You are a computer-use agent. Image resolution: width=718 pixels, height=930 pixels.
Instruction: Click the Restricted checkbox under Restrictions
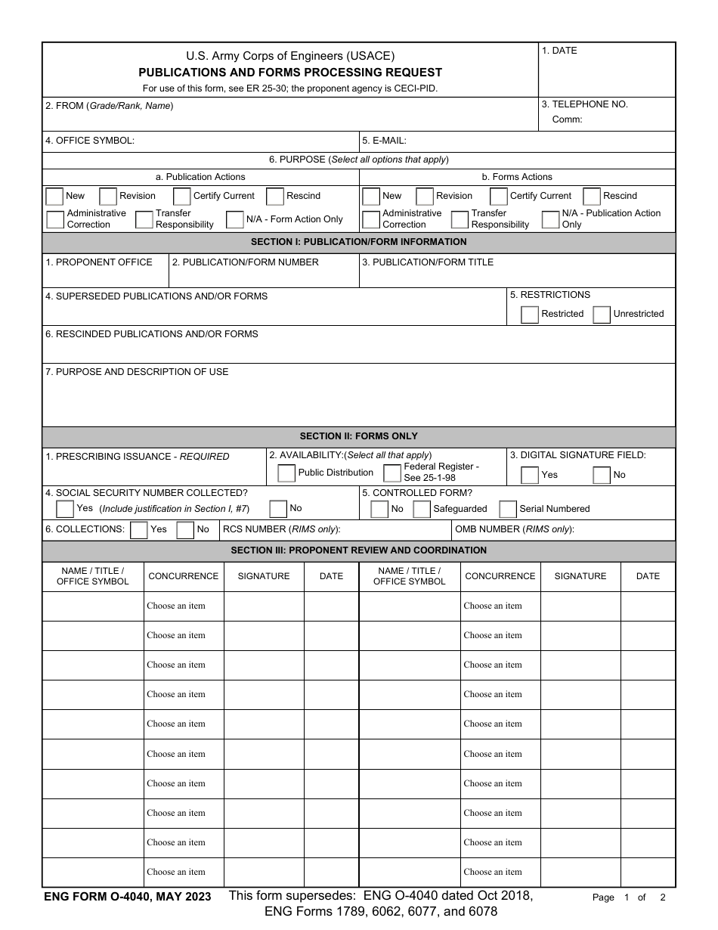530,315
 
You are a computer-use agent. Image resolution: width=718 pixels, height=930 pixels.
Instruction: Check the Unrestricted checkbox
602,315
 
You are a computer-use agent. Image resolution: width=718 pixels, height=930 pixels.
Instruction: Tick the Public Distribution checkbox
286,473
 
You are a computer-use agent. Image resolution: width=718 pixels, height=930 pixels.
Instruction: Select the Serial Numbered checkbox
508,509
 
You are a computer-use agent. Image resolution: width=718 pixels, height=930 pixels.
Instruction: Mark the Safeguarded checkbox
422,509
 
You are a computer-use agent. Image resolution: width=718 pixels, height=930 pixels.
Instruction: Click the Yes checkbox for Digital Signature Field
530,475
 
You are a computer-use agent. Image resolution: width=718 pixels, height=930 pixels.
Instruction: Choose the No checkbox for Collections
185,530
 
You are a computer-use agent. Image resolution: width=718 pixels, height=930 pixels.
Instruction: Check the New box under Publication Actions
54,197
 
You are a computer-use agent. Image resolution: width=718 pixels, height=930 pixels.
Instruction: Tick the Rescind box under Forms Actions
592,197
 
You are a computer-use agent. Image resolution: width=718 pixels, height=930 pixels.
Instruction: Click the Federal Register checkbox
392,473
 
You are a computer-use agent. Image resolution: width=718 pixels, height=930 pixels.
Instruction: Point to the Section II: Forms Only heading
358,436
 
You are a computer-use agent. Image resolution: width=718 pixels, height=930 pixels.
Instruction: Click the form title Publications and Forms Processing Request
290,73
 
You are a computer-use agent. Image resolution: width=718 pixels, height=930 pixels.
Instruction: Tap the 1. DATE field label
559,51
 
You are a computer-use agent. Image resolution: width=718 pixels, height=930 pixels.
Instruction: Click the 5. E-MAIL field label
385,141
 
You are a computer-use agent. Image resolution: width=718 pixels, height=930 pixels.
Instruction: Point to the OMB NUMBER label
514,529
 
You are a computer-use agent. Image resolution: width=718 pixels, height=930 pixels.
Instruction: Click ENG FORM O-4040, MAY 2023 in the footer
128,897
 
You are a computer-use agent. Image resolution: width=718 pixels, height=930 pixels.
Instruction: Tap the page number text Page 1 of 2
629,897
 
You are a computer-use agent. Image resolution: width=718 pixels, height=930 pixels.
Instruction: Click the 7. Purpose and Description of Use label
137,372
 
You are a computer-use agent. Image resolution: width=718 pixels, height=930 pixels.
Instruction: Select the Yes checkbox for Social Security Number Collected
65,509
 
